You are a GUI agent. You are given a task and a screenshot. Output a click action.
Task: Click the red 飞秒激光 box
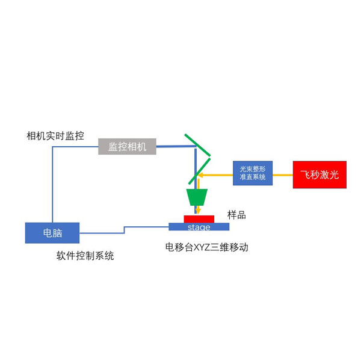point(319,174)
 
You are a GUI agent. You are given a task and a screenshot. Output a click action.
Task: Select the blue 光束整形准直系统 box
point(253,173)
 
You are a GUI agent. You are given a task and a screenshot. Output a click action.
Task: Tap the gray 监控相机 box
point(127,146)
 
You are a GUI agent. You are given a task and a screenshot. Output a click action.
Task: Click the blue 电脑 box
point(52,232)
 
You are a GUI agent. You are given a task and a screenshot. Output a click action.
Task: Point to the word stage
point(199,227)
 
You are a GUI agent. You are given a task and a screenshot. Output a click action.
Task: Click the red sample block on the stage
point(199,218)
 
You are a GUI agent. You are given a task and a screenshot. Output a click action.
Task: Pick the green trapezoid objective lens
point(197,197)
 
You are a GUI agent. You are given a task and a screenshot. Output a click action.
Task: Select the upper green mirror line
point(197,144)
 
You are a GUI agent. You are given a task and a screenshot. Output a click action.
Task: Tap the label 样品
point(236,215)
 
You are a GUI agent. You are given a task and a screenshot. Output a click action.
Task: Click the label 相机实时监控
point(55,135)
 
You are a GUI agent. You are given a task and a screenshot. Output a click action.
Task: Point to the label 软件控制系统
point(85,256)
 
